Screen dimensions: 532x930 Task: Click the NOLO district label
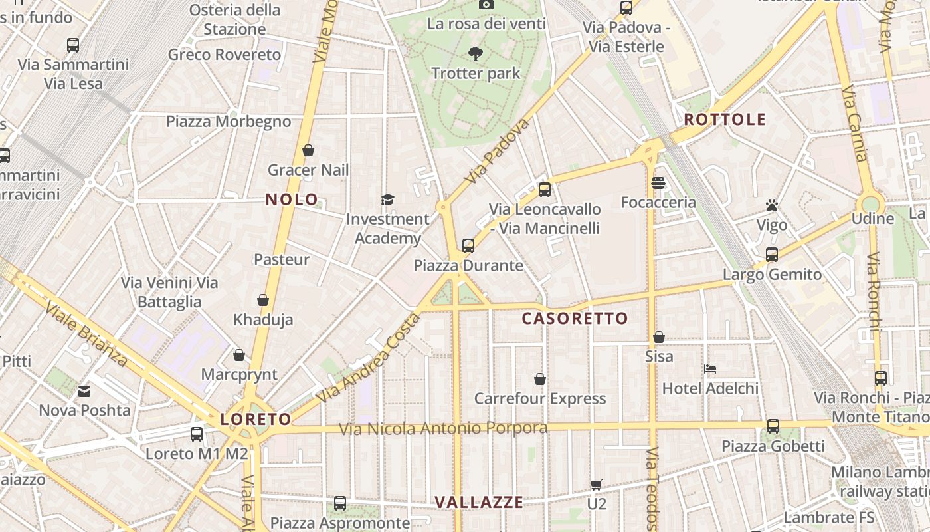pyautogui.click(x=292, y=199)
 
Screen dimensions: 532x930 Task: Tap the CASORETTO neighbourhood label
pyautogui.click(x=575, y=319)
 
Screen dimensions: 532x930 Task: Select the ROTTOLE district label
pyautogui.click(x=725, y=120)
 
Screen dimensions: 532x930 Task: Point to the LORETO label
pyautogui.click(x=256, y=420)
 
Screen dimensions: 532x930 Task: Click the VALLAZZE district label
pyautogui.click(x=479, y=503)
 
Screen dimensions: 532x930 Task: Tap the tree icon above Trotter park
pyautogui.click(x=476, y=54)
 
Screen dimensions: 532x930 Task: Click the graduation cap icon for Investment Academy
pyautogui.click(x=387, y=199)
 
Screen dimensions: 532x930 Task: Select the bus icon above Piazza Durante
pyautogui.click(x=468, y=246)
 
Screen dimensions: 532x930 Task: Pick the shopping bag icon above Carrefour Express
pyautogui.click(x=540, y=379)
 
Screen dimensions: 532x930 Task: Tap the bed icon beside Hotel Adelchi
pyautogui.click(x=710, y=368)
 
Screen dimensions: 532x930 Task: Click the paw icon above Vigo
pyautogui.click(x=771, y=205)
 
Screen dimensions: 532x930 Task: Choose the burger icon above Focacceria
pyautogui.click(x=658, y=182)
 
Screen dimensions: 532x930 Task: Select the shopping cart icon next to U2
pyautogui.click(x=597, y=485)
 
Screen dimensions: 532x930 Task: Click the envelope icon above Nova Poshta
pyautogui.click(x=84, y=391)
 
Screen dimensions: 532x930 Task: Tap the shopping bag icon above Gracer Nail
pyautogui.click(x=308, y=150)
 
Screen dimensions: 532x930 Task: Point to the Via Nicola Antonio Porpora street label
pyautogui.click(x=443, y=428)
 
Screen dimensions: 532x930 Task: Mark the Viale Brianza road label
pyautogui.click(x=86, y=334)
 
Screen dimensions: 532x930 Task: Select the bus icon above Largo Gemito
pyautogui.click(x=771, y=255)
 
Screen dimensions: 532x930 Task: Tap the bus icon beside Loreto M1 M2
pyautogui.click(x=197, y=434)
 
